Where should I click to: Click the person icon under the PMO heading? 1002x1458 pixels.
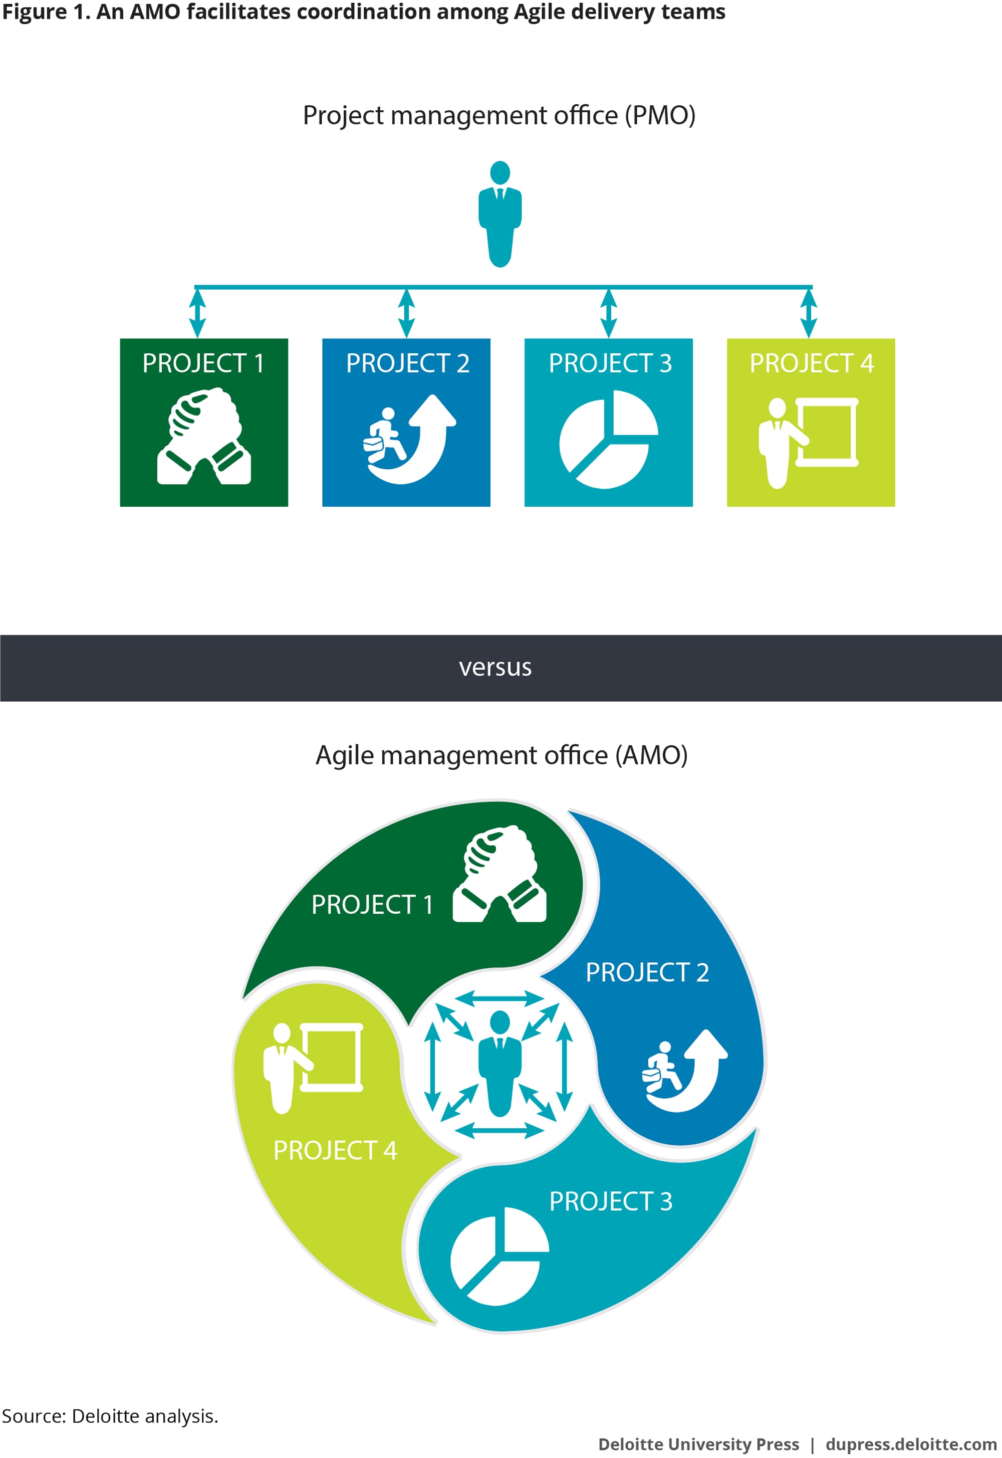point(499,214)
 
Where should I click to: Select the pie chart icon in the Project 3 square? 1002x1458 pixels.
point(608,439)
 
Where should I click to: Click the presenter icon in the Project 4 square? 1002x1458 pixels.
point(808,443)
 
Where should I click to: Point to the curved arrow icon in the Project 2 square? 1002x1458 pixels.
point(409,439)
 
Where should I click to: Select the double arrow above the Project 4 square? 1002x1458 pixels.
point(809,313)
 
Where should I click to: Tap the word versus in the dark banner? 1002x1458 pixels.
point(495,667)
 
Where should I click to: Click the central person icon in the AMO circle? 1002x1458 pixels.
point(499,1064)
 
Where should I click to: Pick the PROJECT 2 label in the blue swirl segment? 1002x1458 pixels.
point(647,972)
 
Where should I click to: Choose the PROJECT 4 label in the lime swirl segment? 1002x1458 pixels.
point(335,1150)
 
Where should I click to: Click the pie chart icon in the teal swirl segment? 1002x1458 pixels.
point(499,1257)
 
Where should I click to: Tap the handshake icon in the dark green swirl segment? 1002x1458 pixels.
point(499,874)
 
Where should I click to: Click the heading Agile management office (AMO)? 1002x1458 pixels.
point(502,755)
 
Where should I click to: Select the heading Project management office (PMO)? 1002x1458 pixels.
point(499,116)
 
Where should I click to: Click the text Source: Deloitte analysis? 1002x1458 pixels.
point(110,1416)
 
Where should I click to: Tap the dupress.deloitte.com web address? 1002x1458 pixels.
point(911,1444)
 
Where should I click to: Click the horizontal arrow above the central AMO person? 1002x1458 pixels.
point(499,998)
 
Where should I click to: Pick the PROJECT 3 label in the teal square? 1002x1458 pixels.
point(610,363)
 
